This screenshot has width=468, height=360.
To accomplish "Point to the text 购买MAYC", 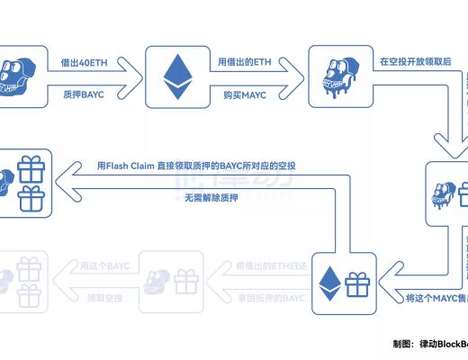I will (240, 93).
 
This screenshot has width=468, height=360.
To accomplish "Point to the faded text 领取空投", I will (104, 296).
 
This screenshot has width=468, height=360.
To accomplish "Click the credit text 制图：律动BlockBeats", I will (429, 343).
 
